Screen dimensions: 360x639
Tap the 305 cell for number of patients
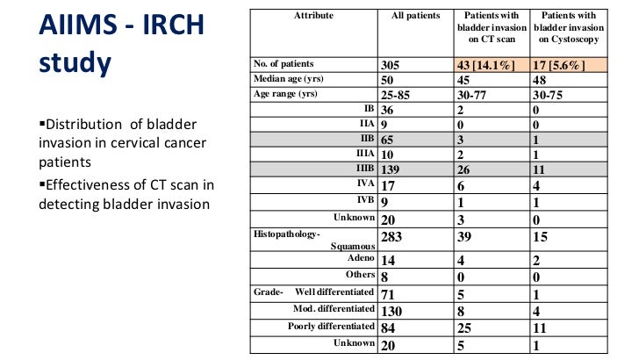tap(392, 65)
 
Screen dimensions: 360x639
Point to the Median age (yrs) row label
tap(286, 79)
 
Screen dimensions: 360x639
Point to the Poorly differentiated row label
tap(332, 327)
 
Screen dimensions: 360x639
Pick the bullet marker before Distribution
tap(41, 124)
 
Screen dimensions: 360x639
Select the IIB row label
tap(367, 137)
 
